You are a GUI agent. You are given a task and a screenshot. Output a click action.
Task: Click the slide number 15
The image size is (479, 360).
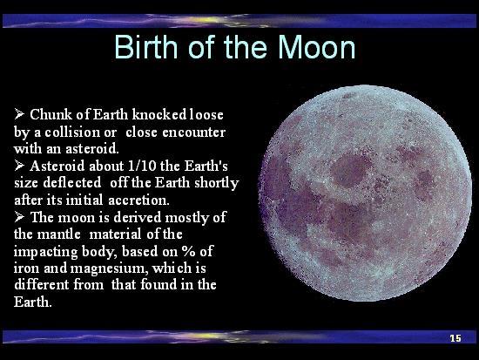point(455,338)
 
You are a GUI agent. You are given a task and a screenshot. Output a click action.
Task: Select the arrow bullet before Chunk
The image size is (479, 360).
point(19,114)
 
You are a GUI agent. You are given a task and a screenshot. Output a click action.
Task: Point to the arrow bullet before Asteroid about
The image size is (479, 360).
point(19,166)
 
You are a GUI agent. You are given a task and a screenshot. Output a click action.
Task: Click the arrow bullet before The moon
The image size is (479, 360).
point(19,217)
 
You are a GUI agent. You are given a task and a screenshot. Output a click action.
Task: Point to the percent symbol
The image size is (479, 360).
point(188,251)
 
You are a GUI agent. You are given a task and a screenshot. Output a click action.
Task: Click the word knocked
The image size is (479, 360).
point(159,114)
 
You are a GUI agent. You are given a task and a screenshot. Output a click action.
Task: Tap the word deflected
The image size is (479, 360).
point(72,183)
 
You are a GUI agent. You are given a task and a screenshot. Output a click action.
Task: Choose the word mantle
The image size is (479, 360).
point(59,234)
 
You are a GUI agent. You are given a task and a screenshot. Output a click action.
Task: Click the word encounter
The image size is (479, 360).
point(193,132)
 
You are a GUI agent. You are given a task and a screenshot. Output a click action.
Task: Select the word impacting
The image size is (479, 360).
point(45,252)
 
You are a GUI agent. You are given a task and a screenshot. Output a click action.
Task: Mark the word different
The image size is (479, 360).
point(41,284)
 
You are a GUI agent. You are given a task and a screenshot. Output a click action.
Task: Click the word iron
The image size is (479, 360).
point(27,268)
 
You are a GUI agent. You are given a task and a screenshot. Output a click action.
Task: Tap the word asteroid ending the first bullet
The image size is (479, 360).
point(92,149)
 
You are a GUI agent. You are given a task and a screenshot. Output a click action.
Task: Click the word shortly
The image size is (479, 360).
point(217,184)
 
